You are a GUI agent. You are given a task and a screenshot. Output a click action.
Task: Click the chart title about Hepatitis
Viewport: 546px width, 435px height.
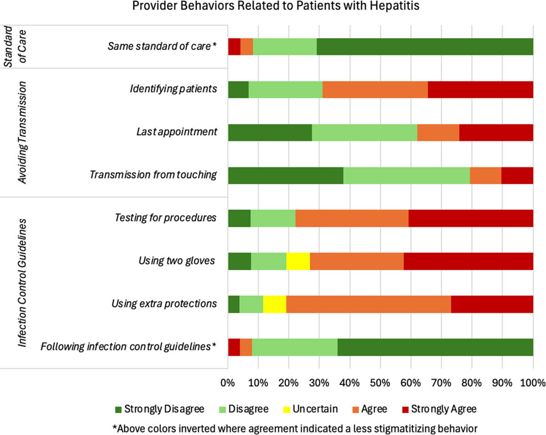(x=273, y=7)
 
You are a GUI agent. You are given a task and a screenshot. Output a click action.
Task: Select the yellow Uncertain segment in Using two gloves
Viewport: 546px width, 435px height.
(x=298, y=261)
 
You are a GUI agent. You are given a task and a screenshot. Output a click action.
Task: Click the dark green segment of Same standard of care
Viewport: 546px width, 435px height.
(x=425, y=46)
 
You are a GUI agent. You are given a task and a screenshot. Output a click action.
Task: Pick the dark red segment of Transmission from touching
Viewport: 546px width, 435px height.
(x=517, y=175)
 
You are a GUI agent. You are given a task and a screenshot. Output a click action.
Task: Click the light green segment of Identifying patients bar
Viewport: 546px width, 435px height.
(x=286, y=90)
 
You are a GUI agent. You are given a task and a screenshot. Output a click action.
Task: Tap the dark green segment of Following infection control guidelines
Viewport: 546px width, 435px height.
(x=435, y=347)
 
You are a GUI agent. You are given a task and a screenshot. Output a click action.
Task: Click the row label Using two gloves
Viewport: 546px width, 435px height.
(x=177, y=261)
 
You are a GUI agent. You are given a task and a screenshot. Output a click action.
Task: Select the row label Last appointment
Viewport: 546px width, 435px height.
(x=176, y=132)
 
